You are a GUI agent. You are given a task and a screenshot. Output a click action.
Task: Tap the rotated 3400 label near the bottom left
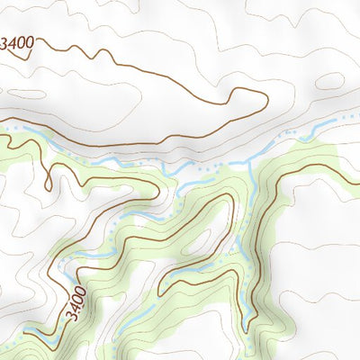click(76, 304)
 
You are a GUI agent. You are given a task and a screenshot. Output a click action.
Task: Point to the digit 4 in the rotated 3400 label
click(75, 309)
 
